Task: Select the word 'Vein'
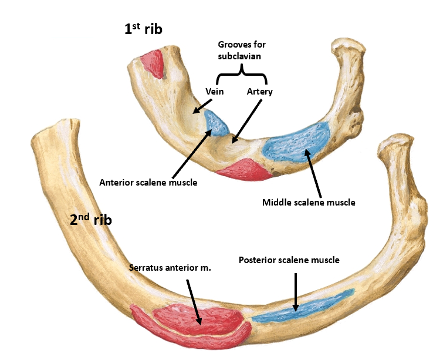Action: coord(215,92)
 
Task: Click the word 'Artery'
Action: coord(259,92)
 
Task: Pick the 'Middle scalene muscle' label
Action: coord(309,203)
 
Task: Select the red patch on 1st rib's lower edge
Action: coord(243,169)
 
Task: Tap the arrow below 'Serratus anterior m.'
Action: coord(194,302)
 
